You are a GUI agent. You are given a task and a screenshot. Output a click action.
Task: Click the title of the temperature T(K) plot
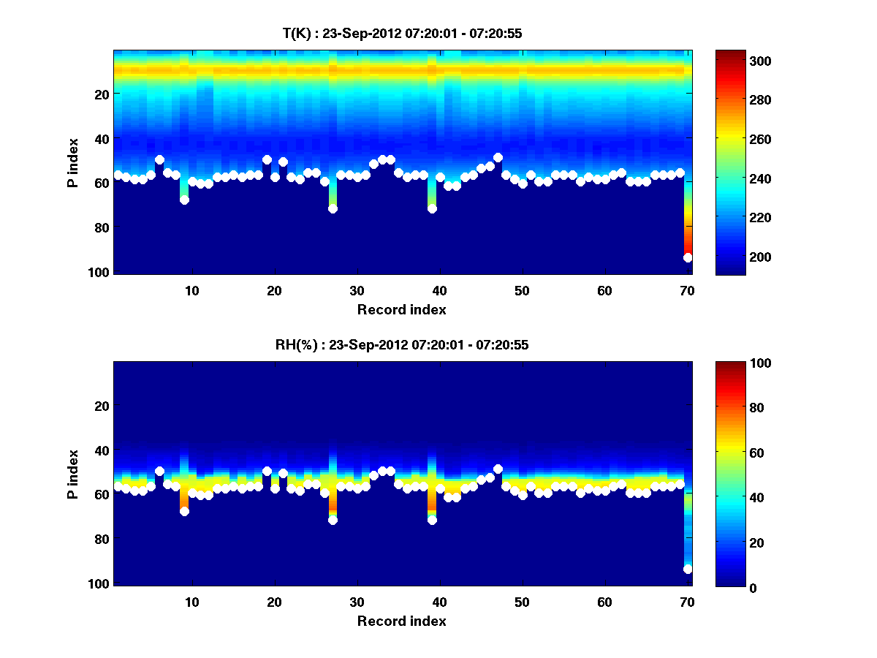(401, 33)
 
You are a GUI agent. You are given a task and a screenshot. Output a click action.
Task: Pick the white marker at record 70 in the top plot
(688, 257)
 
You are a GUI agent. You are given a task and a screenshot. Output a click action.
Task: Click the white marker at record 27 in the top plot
(333, 208)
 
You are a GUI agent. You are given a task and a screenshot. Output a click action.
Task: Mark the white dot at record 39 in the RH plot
(432, 520)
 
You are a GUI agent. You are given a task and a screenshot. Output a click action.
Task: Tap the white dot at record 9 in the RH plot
(184, 511)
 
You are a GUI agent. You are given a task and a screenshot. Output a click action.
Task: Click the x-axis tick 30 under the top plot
(357, 290)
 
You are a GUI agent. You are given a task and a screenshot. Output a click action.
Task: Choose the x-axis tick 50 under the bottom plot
(522, 602)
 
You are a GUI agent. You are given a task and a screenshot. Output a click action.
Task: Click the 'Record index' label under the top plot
(401, 309)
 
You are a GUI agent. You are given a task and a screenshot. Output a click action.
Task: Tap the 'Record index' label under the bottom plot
(401, 621)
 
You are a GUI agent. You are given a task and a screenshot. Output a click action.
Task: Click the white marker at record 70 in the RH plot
(688, 569)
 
